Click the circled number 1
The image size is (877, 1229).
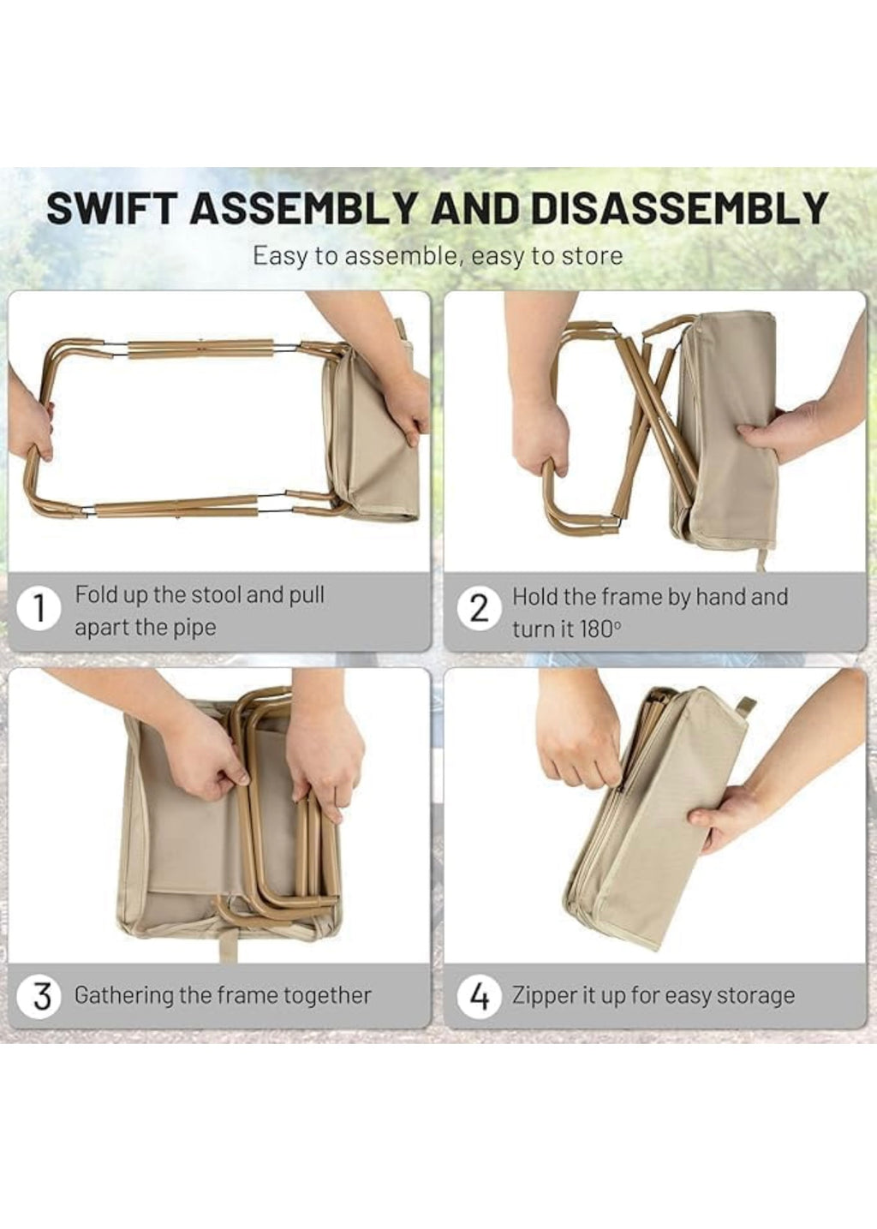[x=39, y=610]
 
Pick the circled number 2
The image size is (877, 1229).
[x=479, y=610]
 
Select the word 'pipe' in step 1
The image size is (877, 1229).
[x=193, y=628]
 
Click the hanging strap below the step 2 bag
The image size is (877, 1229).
[x=761, y=558]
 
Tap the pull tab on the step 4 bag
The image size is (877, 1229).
[x=746, y=704]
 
